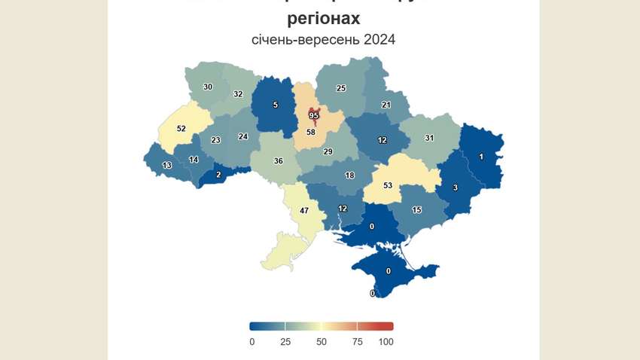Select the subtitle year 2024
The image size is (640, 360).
[x=379, y=39]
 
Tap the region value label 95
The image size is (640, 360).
[x=314, y=115]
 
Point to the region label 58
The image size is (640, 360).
[x=309, y=133]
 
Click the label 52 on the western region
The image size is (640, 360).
[x=181, y=129]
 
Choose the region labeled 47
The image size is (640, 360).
[x=304, y=211]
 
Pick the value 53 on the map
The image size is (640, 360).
[x=388, y=185]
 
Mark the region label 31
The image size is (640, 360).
[x=429, y=138]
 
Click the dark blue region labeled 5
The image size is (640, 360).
[x=275, y=105]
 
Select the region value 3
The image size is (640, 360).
[x=455, y=187]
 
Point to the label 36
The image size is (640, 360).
[x=278, y=161]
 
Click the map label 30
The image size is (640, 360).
[x=208, y=87]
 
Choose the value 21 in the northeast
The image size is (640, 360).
[x=386, y=105]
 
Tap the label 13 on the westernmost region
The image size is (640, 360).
[x=166, y=166]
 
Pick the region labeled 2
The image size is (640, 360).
[x=218, y=175]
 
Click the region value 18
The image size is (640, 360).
[x=349, y=175]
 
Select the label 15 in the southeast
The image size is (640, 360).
[x=416, y=209]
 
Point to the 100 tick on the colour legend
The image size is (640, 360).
[x=386, y=342]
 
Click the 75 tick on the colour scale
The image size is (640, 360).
[x=357, y=342]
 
